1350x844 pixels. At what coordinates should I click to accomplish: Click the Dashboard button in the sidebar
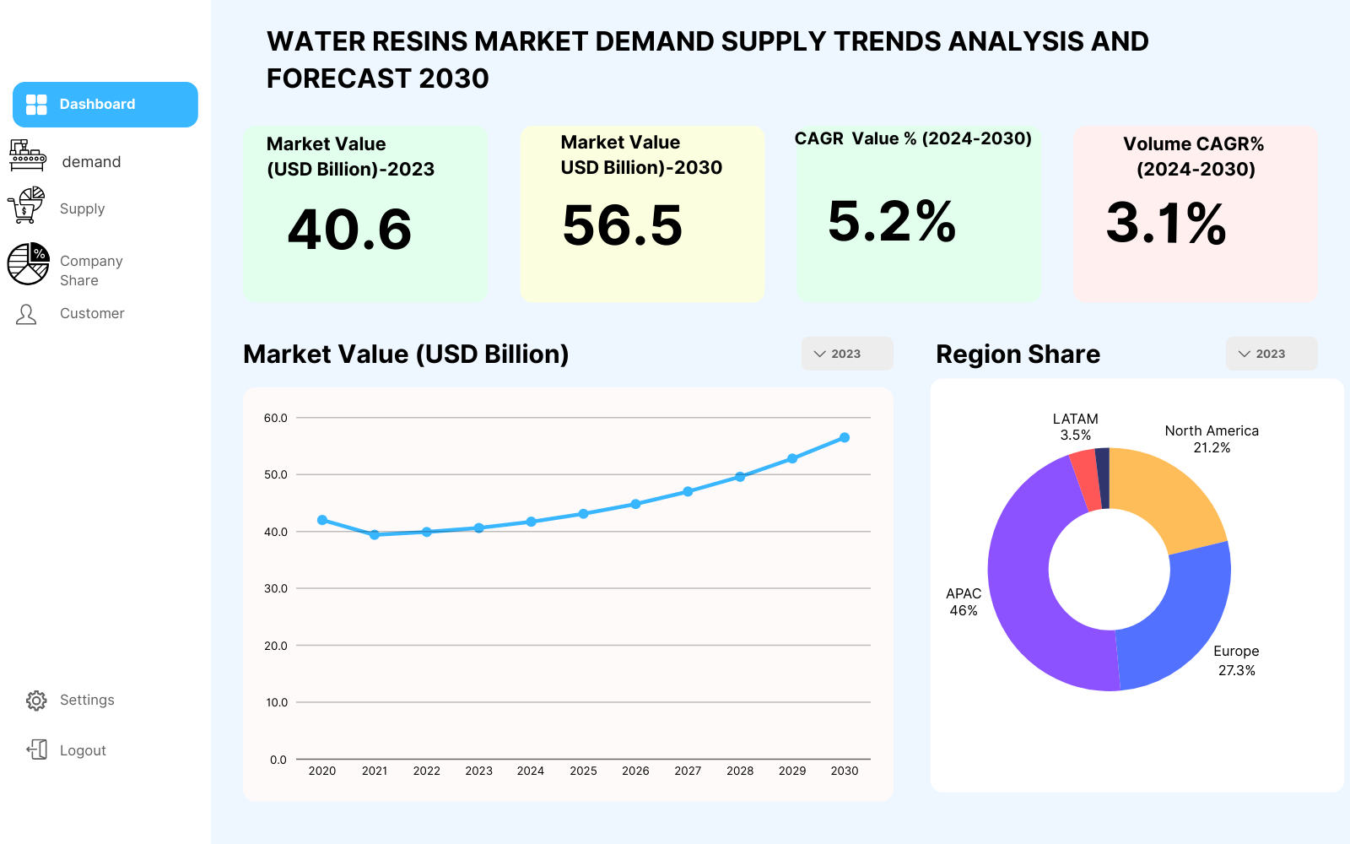105,105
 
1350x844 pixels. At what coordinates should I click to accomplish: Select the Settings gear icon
36,701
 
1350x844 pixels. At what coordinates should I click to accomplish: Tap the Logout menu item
67,750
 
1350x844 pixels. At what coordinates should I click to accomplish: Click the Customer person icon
26,314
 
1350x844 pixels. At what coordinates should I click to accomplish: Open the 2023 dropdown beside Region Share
1272,354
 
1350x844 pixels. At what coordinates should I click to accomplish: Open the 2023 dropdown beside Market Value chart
847,354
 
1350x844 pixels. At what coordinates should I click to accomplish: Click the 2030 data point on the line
845,438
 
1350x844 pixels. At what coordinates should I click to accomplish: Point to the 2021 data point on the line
375,535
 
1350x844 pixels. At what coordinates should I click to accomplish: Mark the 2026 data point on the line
635,504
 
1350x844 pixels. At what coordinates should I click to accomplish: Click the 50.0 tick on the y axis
275,474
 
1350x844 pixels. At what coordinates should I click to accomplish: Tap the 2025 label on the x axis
583,771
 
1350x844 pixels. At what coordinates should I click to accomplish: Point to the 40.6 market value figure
349,230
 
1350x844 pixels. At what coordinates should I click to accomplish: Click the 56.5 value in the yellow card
623,225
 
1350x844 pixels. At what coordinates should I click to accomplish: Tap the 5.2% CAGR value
892,221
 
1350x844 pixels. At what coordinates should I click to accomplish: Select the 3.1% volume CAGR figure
1166,224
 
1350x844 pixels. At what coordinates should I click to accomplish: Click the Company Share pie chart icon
29,263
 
